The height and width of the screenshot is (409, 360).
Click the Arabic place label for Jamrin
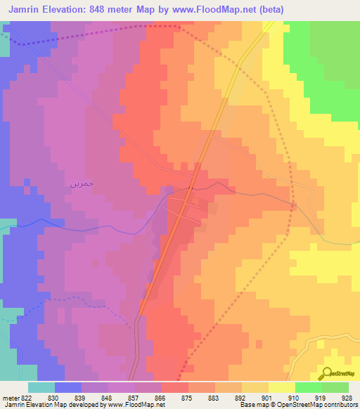click(x=82, y=183)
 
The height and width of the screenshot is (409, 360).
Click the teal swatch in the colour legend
click(x=41, y=387)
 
